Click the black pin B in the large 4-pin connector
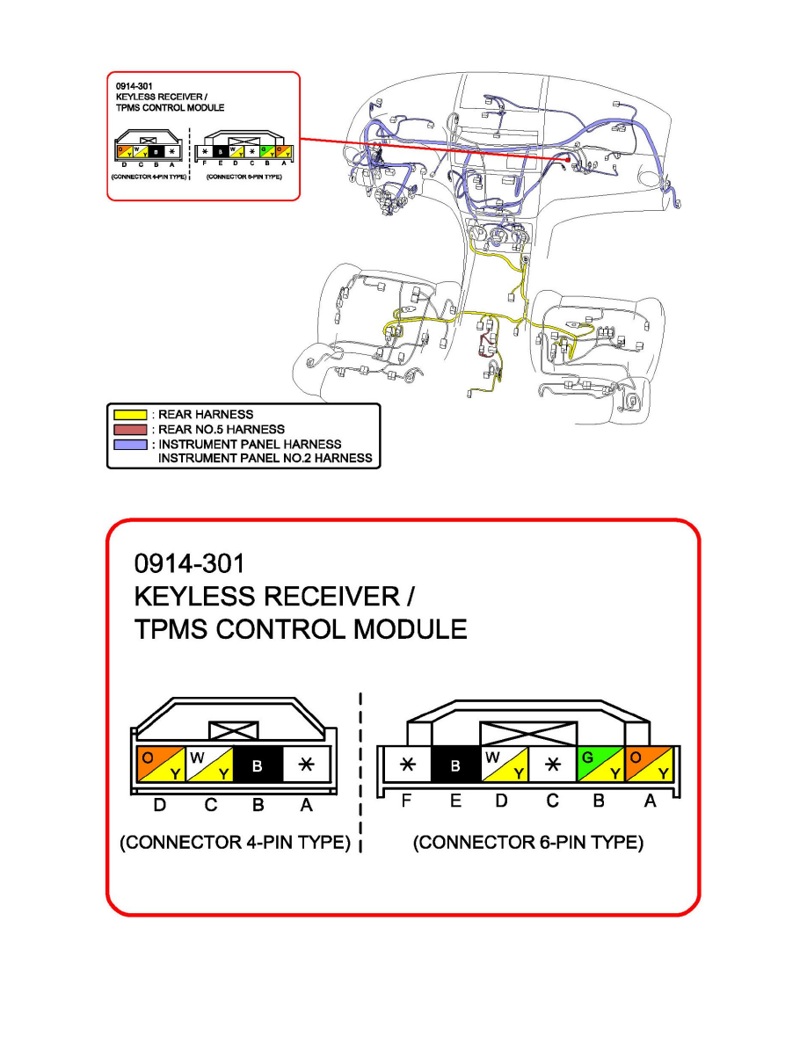click(257, 765)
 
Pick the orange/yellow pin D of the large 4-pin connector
click(158, 765)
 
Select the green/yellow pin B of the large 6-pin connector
click(600, 765)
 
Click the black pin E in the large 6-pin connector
click(455, 765)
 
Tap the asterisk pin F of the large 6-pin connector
click(406, 765)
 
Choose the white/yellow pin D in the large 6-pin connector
click(505, 765)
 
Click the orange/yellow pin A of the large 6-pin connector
click(650, 765)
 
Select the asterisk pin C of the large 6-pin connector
click(552, 765)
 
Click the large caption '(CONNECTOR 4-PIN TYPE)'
click(236, 843)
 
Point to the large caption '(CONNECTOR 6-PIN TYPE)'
click(528, 843)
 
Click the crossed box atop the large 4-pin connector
click(233, 730)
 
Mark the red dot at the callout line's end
click(569, 161)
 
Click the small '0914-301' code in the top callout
click(134, 87)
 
